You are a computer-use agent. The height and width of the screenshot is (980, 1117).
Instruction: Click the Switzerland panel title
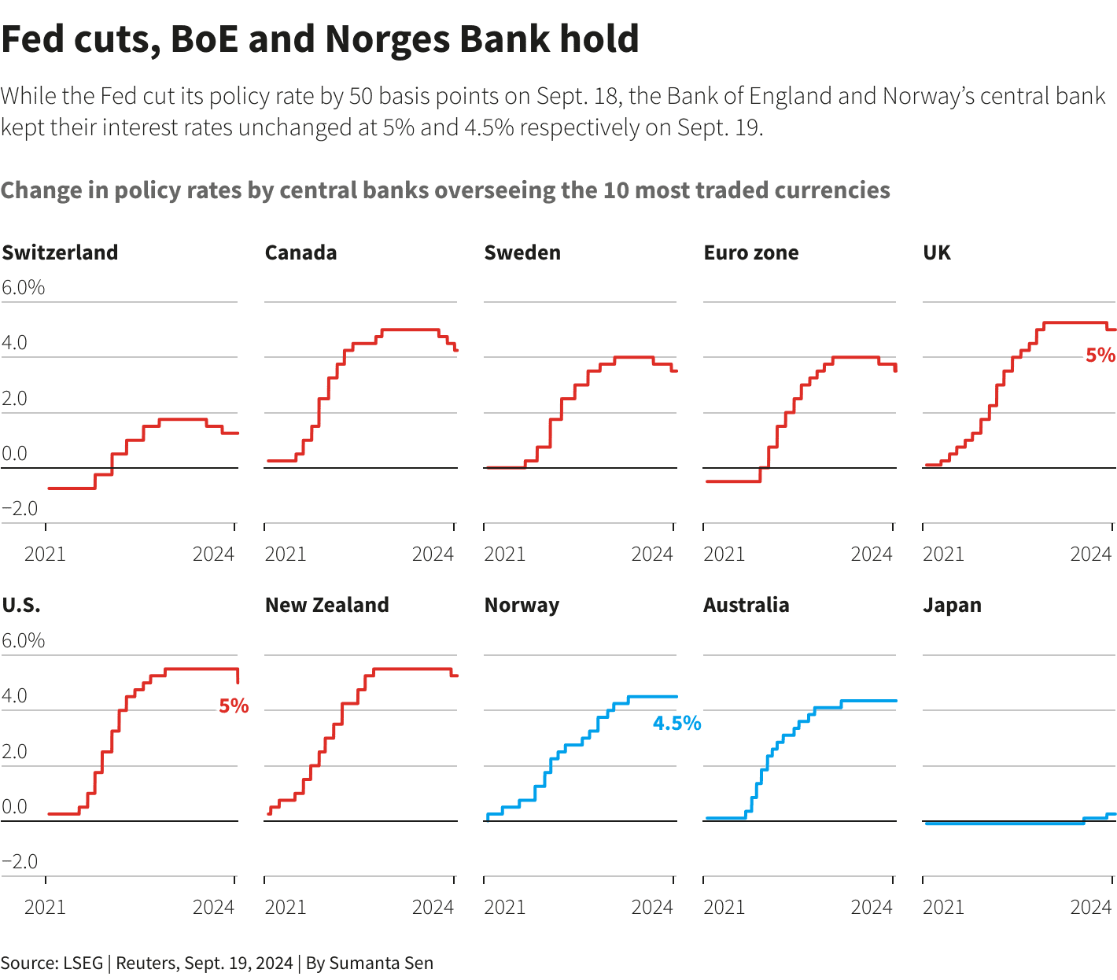[x=60, y=252]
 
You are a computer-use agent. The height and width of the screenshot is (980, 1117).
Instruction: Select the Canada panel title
[x=300, y=252]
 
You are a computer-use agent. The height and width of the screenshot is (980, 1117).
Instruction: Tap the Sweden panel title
[x=522, y=252]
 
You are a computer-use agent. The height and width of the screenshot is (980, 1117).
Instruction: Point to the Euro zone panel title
[x=751, y=252]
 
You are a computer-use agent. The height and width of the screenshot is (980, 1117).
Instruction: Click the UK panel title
[x=937, y=252]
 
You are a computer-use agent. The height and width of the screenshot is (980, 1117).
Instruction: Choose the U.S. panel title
[x=21, y=605]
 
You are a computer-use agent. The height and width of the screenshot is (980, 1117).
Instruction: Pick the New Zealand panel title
[x=327, y=605]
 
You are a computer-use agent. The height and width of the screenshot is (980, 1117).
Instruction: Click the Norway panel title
[x=522, y=605]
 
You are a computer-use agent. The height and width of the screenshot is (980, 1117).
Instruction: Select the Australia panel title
[x=747, y=605]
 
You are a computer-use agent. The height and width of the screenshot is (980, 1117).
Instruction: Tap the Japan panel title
[x=952, y=605]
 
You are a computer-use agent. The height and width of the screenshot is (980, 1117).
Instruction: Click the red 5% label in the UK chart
[x=1100, y=356]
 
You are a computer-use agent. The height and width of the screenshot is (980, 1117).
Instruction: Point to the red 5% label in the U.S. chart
[x=234, y=706]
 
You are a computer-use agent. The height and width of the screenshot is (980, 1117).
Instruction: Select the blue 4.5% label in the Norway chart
[x=676, y=724]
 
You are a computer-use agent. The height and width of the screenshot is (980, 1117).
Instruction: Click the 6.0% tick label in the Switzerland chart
[x=24, y=288]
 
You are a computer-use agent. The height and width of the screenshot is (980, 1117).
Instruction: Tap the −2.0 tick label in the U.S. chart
[x=20, y=862]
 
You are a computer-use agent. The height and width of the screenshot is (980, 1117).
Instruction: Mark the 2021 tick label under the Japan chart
[x=943, y=908]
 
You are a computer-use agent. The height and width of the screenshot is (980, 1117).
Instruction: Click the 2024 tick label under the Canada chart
[x=433, y=554]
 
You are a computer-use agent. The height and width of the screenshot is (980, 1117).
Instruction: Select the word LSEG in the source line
[x=83, y=963]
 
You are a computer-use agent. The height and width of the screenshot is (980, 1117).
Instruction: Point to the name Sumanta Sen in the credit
[x=381, y=963]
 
